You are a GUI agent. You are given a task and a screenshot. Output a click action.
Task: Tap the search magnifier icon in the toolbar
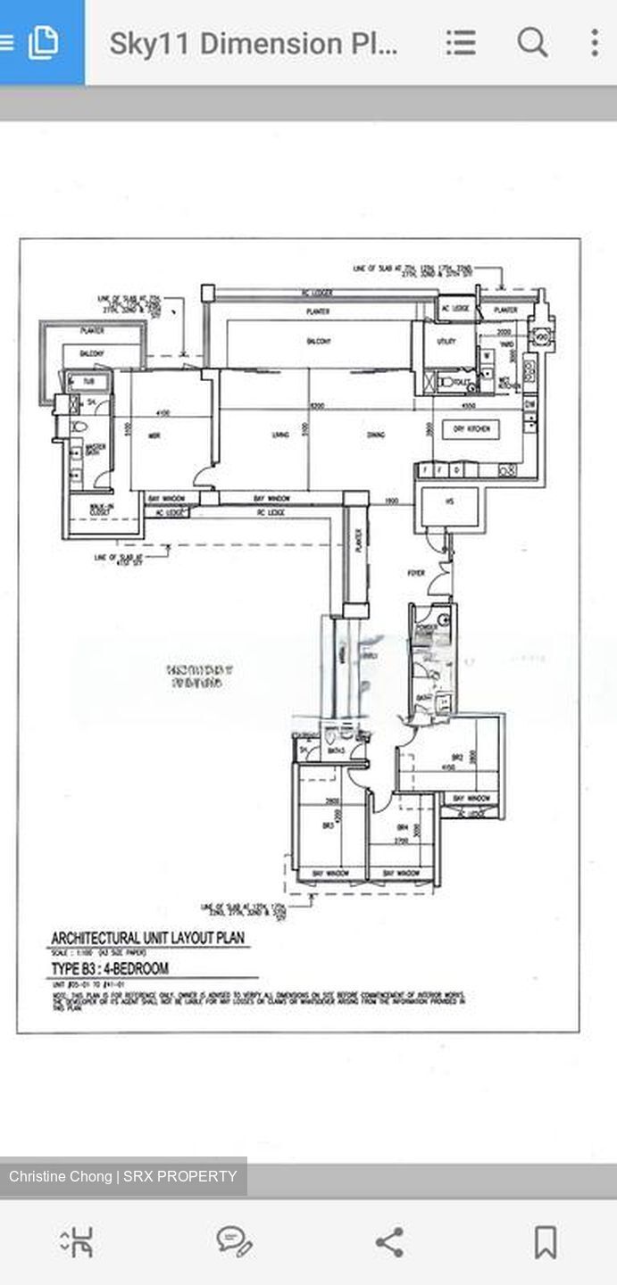(x=532, y=42)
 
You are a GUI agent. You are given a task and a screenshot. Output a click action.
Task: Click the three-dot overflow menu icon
(x=595, y=42)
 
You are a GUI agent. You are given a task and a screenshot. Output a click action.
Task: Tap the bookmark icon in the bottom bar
(x=545, y=1241)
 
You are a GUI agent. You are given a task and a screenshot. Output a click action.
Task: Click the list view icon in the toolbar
(x=461, y=42)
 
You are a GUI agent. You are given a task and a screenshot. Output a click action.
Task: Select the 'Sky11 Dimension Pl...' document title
(x=253, y=43)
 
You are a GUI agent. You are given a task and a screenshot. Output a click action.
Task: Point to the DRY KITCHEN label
(x=471, y=429)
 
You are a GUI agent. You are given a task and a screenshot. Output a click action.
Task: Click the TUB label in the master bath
(x=88, y=382)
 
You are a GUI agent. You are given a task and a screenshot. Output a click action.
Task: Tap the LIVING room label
(x=280, y=435)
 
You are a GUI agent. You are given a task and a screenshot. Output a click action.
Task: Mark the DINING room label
(x=375, y=435)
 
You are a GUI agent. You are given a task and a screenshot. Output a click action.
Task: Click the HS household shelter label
(x=449, y=502)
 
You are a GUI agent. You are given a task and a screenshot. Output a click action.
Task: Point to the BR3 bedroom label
(x=328, y=825)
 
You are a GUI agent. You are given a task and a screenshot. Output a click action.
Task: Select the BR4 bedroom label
(x=403, y=825)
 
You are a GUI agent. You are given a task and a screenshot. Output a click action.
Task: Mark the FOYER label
(x=416, y=573)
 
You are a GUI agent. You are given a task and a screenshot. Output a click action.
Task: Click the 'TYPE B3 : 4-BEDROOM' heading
(x=110, y=968)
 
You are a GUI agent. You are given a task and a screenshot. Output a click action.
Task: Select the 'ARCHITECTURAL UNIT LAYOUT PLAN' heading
(x=147, y=938)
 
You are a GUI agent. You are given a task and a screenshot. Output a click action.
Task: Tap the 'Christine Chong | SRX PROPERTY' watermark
(x=123, y=1176)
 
